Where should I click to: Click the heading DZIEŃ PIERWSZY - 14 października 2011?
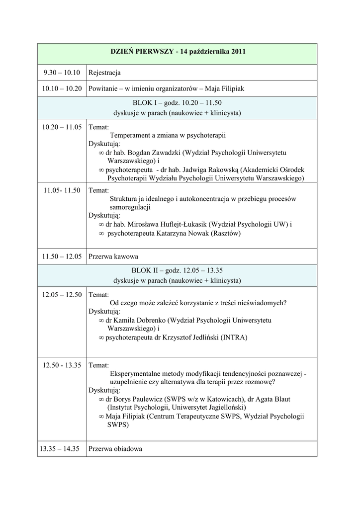178,52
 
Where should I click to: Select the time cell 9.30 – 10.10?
62,73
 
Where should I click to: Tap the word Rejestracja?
104,73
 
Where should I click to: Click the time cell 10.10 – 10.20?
62,88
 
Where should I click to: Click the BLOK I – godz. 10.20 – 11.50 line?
178,103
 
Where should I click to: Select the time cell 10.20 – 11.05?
62,127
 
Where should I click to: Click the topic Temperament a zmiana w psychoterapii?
168,135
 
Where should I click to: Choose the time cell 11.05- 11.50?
62,190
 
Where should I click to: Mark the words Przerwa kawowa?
113,256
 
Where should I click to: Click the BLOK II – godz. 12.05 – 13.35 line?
178,271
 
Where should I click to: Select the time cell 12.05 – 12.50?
62,295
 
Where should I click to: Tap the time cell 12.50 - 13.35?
62,365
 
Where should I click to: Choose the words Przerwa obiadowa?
115,449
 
